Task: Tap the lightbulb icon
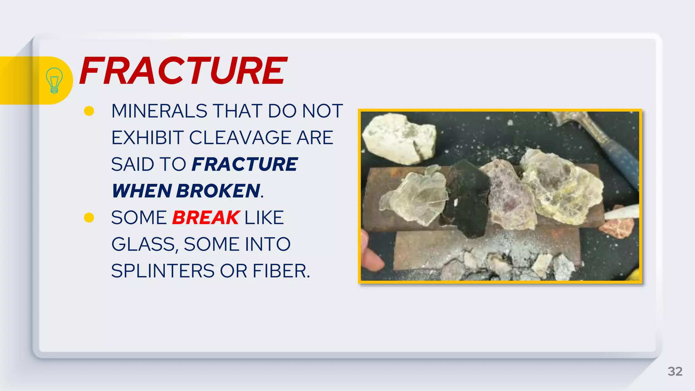(54, 80)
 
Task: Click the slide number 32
(675, 371)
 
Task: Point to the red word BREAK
(206, 218)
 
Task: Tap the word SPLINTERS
(163, 271)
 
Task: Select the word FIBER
(281, 271)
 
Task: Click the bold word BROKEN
(218, 191)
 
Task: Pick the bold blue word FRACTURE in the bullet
(244, 165)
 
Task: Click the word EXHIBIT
(148, 138)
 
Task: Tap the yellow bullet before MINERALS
(89, 111)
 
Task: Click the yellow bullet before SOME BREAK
(89, 218)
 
